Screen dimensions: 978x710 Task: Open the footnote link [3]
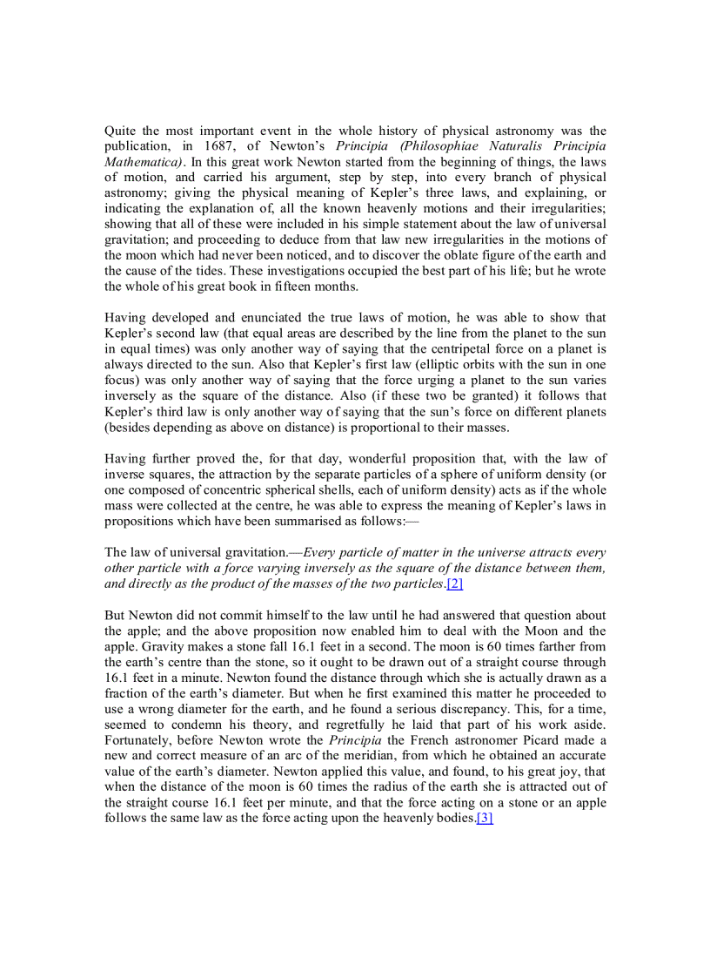485,819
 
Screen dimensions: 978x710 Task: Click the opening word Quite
121,131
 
